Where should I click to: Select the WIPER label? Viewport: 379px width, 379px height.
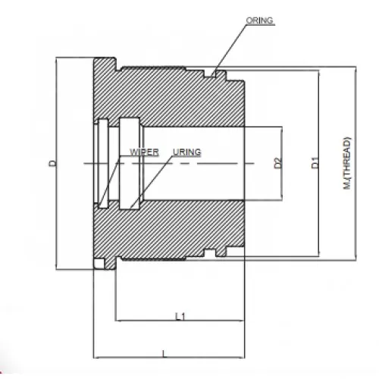pyautogui.click(x=143, y=152)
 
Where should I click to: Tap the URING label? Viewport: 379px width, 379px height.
pyautogui.click(x=186, y=152)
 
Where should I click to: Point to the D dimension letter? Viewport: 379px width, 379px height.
pyautogui.click(x=52, y=163)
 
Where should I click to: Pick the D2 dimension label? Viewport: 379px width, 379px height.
pyautogui.click(x=277, y=163)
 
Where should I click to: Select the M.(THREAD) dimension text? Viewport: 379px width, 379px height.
pyautogui.click(x=347, y=163)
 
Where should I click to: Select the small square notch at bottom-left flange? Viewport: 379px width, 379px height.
pyautogui.click(x=99, y=263)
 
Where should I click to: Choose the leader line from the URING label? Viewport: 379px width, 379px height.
pyautogui.click(x=152, y=182)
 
